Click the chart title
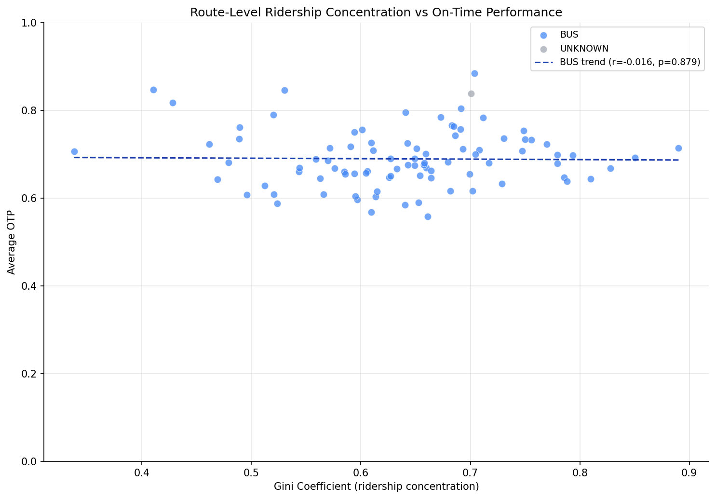[x=376, y=13]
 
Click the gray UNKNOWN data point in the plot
[x=471, y=94]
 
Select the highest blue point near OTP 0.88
[x=474, y=73]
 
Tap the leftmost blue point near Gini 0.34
[x=74, y=151]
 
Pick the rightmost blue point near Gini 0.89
[x=678, y=148]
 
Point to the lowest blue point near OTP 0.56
[x=428, y=216]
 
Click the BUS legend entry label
[x=569, y=35]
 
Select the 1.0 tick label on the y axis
[x=31, y=23]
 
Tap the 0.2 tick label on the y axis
[x=31, y=374]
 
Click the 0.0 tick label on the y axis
[x=31, y=461]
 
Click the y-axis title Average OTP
[x=12, y=242]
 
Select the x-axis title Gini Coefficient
[x=376, y=486]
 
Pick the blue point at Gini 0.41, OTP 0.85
[x=153, y=90]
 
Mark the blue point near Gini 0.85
[x=635, y=158]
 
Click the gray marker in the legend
[x=543, y=49]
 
